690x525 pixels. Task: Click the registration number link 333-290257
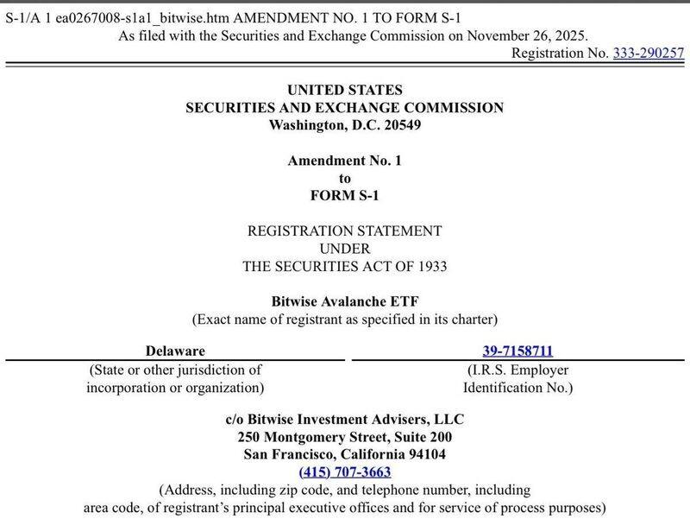tap(648, 54)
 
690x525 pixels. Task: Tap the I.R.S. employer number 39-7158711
tap(517, 351)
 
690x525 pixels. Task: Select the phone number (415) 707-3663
tap(345, 471)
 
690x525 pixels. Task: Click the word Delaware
tap(175, 351)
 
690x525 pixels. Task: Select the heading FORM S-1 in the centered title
tap(345, 195)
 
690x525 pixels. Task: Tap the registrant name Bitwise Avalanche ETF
tap(345, 302)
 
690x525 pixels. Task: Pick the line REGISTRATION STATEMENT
tap(345, 231)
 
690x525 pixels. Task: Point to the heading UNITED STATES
tap(345, 90)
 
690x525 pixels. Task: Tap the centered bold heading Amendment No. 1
tap(345, 161)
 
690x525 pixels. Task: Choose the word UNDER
tap(345, 249)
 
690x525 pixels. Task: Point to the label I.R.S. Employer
tap(517, 370)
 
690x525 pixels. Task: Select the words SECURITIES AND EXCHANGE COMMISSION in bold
tap(345, 108)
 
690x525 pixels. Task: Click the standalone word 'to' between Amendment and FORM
tap(345, 178)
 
